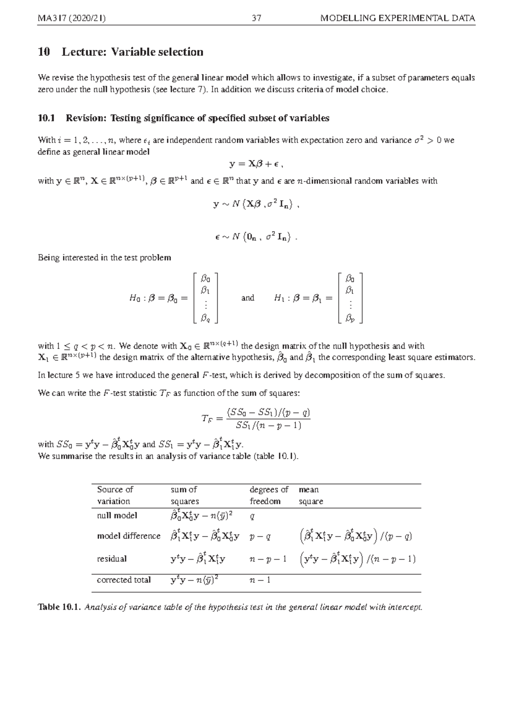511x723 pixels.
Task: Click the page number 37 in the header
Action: pyautogui.click(x=256, y=18)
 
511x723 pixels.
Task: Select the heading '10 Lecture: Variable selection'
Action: pyautogui.click(x=121, y=52)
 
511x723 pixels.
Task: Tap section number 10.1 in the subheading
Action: pyautogui.click(x=46, y=118)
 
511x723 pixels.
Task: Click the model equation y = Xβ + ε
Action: pyautogui.click(x=256, y=164)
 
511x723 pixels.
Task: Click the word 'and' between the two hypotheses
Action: pyautogui.click(x=247, y=298)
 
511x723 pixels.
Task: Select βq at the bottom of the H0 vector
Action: pyautogui.click(x=206, y=318)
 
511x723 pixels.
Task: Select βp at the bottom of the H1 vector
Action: pyautogui.click(x=350, y=318)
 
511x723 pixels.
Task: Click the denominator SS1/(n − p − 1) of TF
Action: pyautogui.click(x=268, y=425)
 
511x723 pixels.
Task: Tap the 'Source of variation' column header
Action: pyautogui.click(x=115, y=495)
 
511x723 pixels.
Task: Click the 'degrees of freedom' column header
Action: pyautogui.click(x=269, y=495)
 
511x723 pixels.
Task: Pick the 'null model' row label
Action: pyautogui.click(x=117, y=516)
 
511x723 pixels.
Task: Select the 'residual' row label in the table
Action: pyautogui.click(x=112, y=559)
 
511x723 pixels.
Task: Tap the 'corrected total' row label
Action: pyautogui.click(x=123, y=580)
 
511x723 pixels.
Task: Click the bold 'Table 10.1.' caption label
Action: pyautogui.click(x=59, y=607)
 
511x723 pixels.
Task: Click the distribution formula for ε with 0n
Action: pyautogui.click(x=255, y=237)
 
